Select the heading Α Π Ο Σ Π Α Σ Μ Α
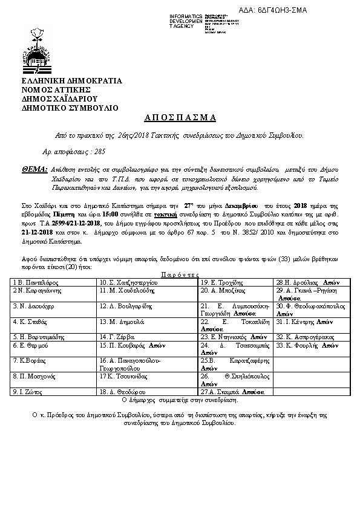pyautogui.click(x=180, y=117)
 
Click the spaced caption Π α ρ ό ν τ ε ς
pyautogui.click(x=181, y=274)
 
